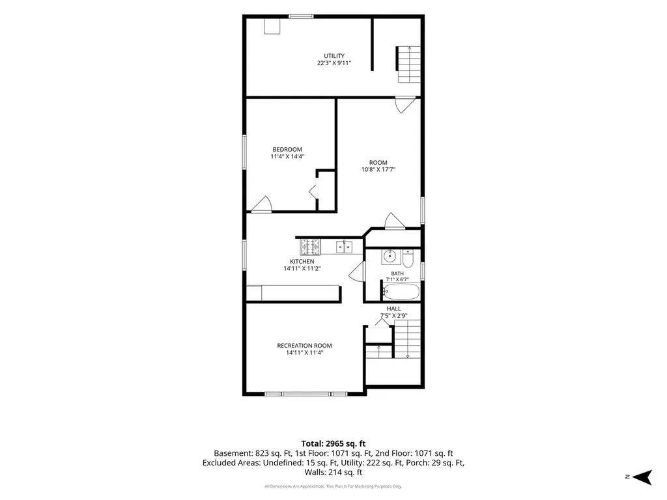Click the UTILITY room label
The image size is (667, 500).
[334, 56]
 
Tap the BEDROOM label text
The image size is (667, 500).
[287, 149]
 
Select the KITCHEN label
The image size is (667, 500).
[302, 262]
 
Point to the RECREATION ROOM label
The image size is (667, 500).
[305, 346]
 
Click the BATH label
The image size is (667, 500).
[398, 273]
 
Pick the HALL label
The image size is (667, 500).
[394, 309]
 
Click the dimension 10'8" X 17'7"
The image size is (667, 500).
[378, 169]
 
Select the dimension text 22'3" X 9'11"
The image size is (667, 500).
[334, 63]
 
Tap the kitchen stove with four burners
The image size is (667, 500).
[310, 247]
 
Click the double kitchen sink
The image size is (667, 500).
[344, 247]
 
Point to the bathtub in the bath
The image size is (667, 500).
[401, 292]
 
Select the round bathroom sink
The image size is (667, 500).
[390, 257]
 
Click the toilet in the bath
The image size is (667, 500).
[408, 258]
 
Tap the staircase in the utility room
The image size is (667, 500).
[409, 64]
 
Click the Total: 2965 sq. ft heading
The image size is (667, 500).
[333, 444]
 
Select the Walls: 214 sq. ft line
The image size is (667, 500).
[333, 472]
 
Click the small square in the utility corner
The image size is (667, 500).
[272, 26]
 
